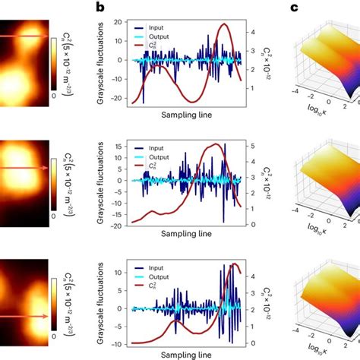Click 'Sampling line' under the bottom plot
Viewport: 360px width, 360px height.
[x=182, y=355]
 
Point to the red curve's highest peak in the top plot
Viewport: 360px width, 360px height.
[x=223, y=25]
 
